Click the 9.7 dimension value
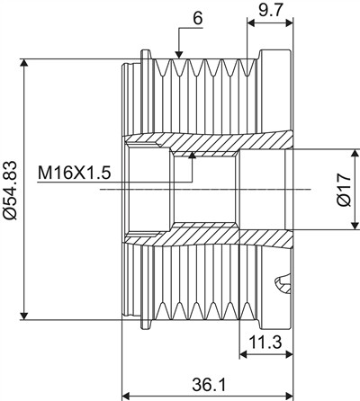(x=270, y=11)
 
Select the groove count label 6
(x=198, y=19)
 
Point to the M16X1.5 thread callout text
(x=75, y=174)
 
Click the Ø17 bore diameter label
(x=344, y=190)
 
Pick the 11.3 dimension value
(x=265, y=343)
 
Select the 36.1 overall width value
(x=209, y=385)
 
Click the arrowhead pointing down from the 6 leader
(x=179, y=54)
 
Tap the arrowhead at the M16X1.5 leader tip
(x=192, y=155)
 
